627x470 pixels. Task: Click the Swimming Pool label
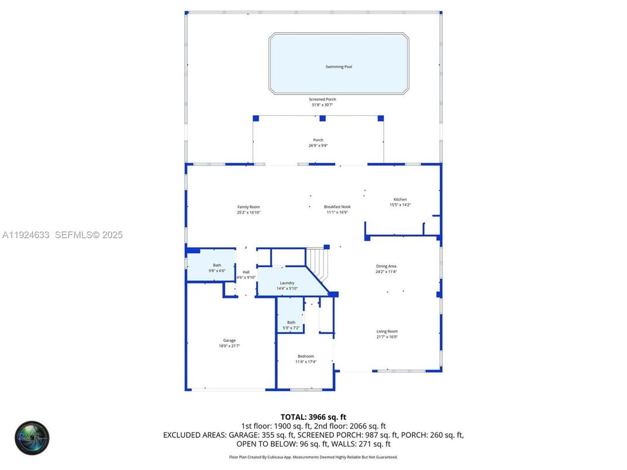(x=339, y=67)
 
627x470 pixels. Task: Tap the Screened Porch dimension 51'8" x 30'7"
(x=322, y=105)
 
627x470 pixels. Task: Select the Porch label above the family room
(x=318, y=140)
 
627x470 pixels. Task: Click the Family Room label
(x=249, y=207)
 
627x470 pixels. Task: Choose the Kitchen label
(x=400, y=199)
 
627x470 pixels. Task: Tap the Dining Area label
(x=386, y=266)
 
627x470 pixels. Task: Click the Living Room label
(x=387, y=331)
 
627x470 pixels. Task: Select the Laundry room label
(x=287, y=283)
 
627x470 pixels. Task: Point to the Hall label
(x=246, y=272)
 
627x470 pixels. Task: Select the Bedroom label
(x=305, y=356)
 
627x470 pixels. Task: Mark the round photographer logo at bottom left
(x=32, y=438)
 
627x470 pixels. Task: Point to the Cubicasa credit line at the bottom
(x=313, y=457)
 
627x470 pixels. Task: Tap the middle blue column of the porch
(x=322, y=118)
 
